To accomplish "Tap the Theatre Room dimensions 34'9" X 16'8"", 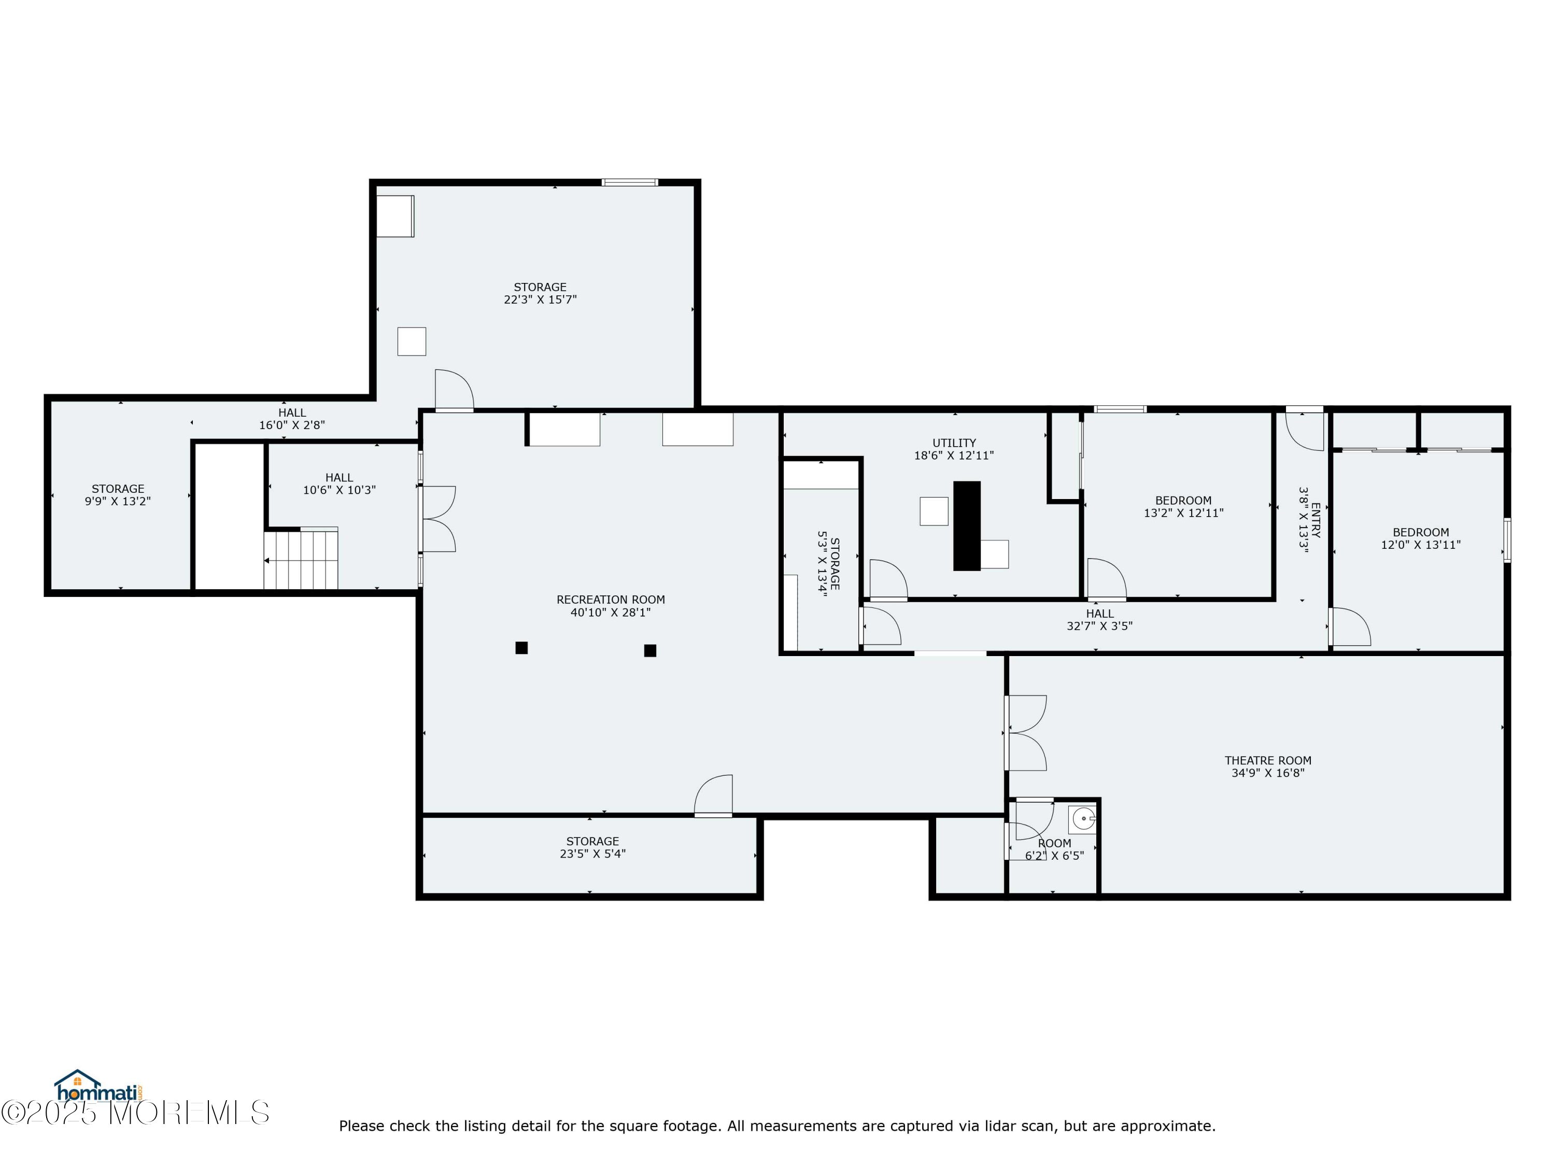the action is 1267,773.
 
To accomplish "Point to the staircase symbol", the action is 301,560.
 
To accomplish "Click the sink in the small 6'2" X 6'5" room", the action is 1083,819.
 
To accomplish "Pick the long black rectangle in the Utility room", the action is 967,525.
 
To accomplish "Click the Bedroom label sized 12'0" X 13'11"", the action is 1420,538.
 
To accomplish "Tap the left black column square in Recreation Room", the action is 521,648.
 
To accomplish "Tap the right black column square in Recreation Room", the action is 651,651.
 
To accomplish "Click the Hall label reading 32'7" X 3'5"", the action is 1099,620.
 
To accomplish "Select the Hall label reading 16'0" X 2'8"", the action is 292,419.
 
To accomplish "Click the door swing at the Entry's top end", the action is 1305,430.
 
